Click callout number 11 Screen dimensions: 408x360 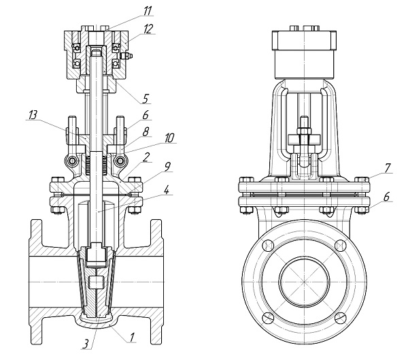click(x=147, y=11)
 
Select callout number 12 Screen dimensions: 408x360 click(x=148, y=29)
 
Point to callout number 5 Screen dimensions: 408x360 click(x=146, y=99)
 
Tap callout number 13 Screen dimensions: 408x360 click(x=33, y=115)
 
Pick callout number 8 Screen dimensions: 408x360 click(x=146, y=132)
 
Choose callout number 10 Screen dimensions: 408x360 click(x=169, y=138)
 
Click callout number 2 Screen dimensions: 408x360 click(x=147, y=157)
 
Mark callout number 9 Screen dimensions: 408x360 click(x=167, y=167)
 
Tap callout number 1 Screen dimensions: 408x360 click(x=132, y=338)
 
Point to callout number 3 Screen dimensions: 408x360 click(x=86, y=344)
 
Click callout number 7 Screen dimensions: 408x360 click(x=388, y=168)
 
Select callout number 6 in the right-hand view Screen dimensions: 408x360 click(x=386, y=197)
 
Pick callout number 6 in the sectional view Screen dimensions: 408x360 click(x=146, y=114)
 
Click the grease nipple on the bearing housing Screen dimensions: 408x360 click(x=126, y=56)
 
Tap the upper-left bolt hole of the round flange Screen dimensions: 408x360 click(x=269, y=246)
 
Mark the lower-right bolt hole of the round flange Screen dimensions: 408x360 click(x=340, y=318)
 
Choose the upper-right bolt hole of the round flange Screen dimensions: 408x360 click(x=340, y=246)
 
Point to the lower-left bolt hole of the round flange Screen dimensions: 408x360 click(x=269, y=318)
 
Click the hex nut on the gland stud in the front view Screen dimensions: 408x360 click(x=304, y=131)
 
